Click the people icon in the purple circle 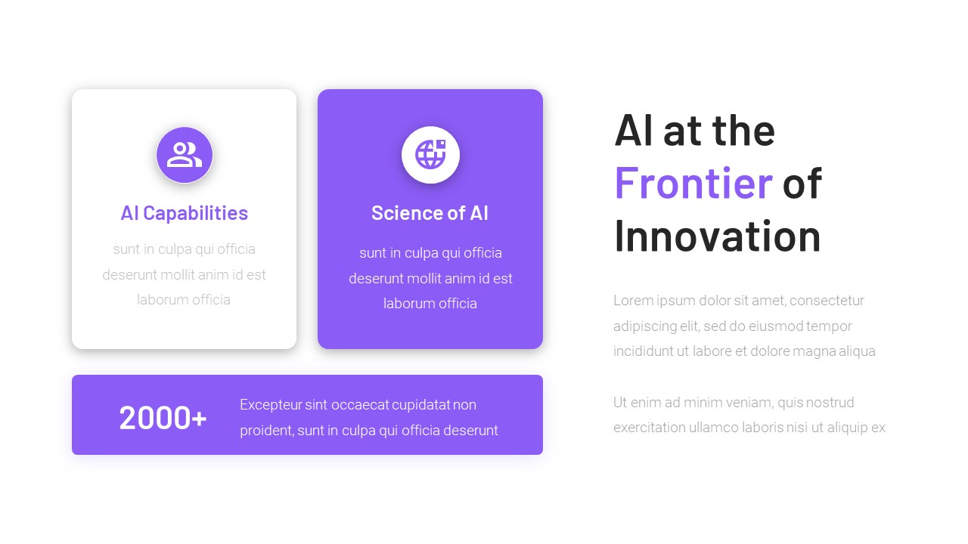(185, 155)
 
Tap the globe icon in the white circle (430, 155)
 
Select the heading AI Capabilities (184, 213)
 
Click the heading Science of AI (430, 213)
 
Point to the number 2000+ (163, 418)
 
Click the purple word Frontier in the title (693, 182)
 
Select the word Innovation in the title (717, 235)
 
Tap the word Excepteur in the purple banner (270, 405)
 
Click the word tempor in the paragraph (829, 326)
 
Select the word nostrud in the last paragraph (828, 403)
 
